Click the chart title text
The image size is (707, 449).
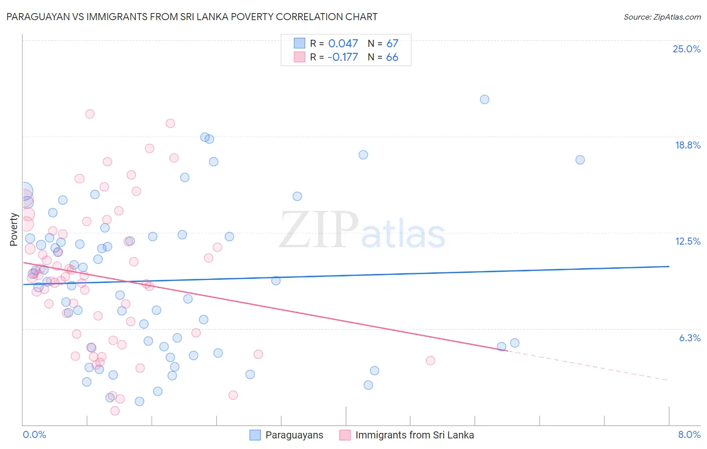(x=191, y=17)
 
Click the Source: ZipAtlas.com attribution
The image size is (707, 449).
(x=662, y=17)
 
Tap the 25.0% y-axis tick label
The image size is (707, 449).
(x=686, y=49)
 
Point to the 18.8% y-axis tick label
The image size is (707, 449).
(x=687, y=145)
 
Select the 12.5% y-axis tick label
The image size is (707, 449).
(x=687, y=241)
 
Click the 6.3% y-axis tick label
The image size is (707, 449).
(x=689, y=338)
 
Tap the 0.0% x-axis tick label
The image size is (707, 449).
(x=34, y=434)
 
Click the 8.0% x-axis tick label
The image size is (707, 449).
(x=689, y=434)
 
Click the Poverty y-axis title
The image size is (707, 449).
(x=14, y=230)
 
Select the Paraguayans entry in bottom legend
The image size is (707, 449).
(x=294, y=435)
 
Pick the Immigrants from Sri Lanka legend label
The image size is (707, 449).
(x=414, y=435)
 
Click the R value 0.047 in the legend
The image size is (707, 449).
(x=343, y=44)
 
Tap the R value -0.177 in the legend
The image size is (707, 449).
(x=342, y=57)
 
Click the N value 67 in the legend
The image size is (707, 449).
(x=392, y=44)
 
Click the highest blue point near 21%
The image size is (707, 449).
(x=484, y=99)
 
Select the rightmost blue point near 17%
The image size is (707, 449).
(x=580, y=160)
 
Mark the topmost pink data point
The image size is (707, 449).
(x=90, y=114)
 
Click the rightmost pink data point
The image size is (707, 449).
(x=430, y=360)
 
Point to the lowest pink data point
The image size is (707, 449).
(x=115, y=411)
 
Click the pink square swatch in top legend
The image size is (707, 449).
(x=299, y=57)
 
